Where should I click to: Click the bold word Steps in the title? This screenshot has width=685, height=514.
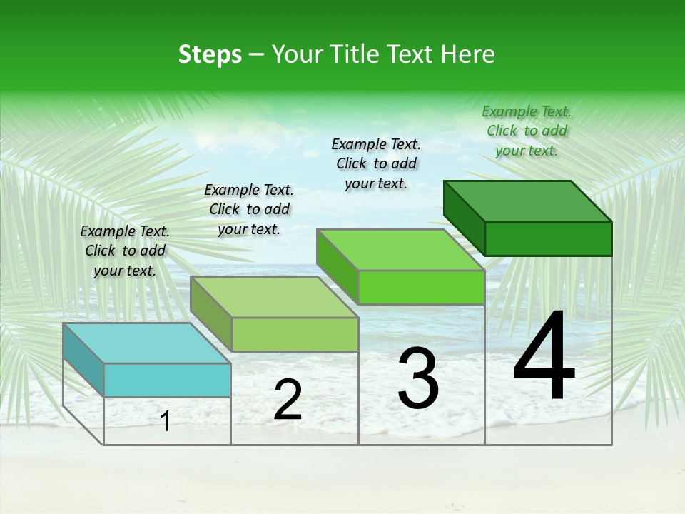[x=210, y=54]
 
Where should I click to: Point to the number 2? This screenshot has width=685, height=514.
[x=288, y=400]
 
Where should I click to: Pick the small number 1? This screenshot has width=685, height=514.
[x=166, y=421]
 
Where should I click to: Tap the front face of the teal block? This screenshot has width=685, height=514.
[x=167, y=380]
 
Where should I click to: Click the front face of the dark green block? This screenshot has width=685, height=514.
[x=548, y=238]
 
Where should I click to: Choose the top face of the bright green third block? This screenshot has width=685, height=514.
[x=400, y=250]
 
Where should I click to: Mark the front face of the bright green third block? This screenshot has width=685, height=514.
[x=421, y=287]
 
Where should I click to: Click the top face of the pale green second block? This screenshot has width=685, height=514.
[x=274, y=297]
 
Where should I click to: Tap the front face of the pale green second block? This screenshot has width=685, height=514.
[x=295, y=334]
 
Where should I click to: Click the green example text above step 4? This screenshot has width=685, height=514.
[x=527, y=131]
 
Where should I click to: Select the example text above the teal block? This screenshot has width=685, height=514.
[x=125, y=251]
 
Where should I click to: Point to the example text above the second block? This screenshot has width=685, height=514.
[x=249, y=209]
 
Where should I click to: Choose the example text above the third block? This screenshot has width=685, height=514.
[x=376, y=163]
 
